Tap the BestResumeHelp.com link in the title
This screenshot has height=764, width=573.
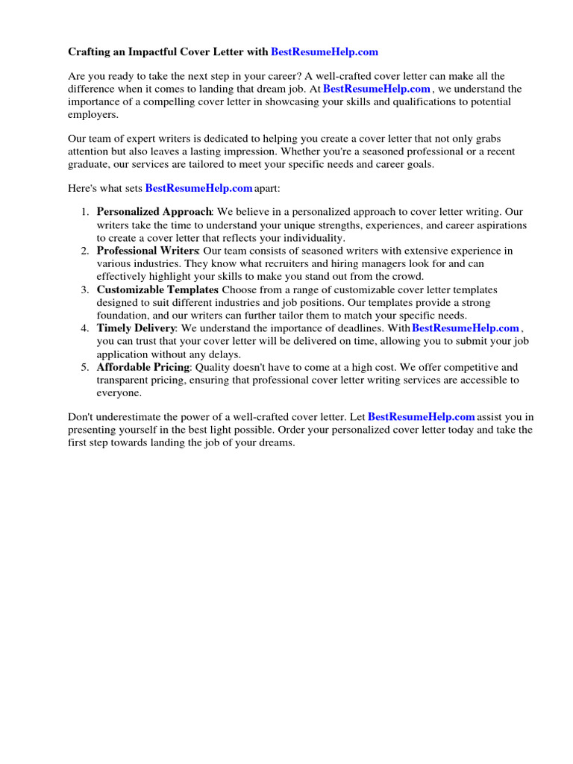[x=325, y=52]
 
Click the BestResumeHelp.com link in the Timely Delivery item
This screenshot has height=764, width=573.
[x=465, y=328]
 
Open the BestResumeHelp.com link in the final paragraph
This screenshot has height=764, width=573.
[x=422, y=417]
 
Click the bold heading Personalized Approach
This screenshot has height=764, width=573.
[x=154, y=212]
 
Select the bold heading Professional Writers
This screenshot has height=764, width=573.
[x=148, y=251]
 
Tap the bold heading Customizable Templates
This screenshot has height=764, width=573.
[x=157, y=289]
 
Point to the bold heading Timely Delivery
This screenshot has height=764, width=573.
[x=136, y=328]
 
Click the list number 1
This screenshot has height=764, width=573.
[x=85, y=212]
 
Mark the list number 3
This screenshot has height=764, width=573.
[x=85, y=289]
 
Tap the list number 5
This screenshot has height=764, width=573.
[x=85, y=367]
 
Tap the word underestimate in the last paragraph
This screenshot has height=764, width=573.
[x=130, y=417]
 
